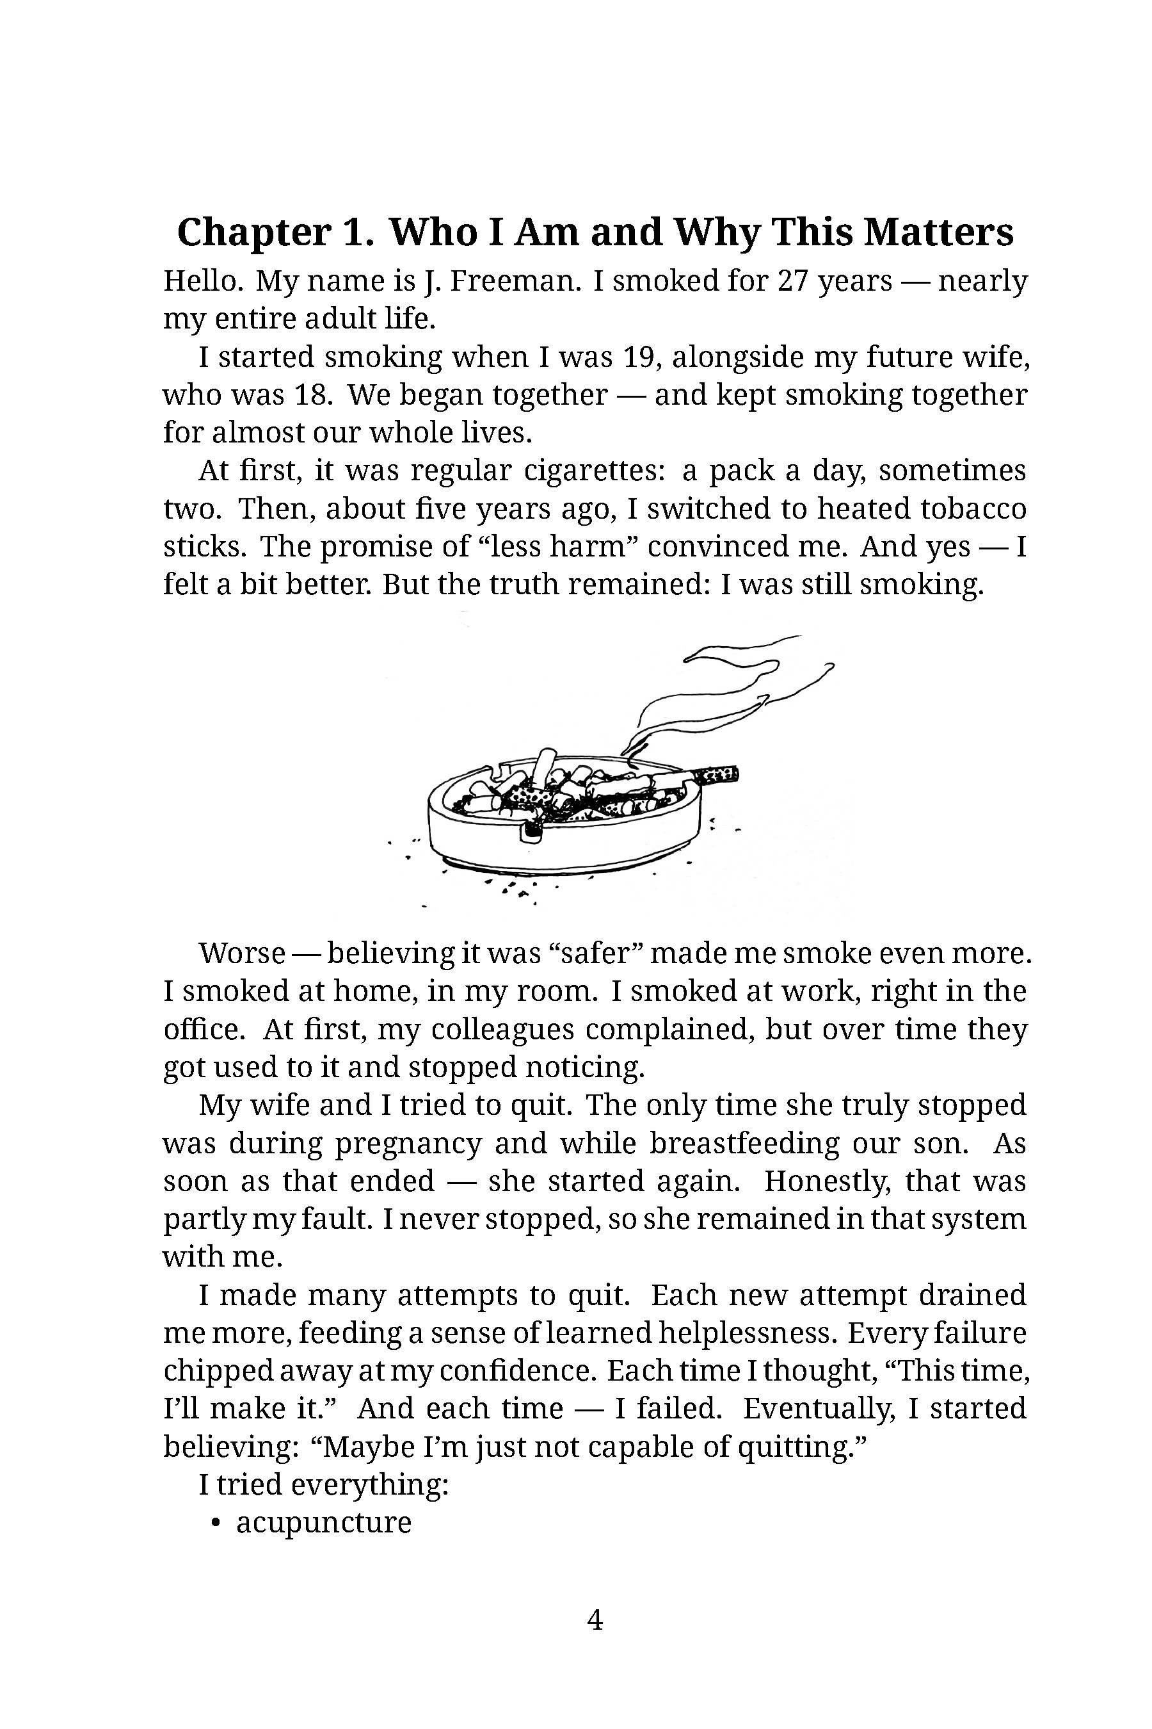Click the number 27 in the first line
coord(793,282)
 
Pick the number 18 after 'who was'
coord(309,396)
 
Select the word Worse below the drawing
coord(241,954)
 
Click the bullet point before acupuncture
coord(215,1523)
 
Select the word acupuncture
coord(323,1523)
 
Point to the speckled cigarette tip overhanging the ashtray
coord(717,775)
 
